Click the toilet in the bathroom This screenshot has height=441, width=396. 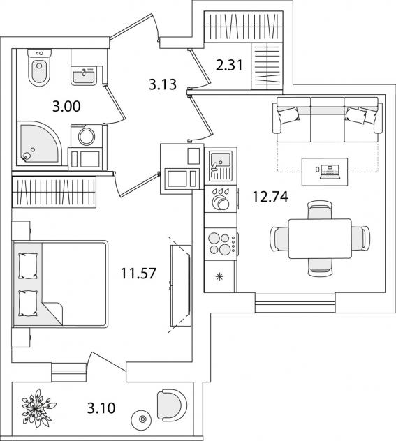tap(39, 68)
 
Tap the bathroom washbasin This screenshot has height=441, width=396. tap(84, 75)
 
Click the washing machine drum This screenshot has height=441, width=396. tap(87, 137)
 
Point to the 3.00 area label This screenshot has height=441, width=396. tap(66, 107)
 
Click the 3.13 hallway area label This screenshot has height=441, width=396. tap(163, 84)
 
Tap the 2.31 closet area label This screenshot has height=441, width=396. tap(229, 66)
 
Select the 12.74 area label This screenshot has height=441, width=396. tap(270, 196)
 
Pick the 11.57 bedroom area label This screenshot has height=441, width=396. tap(138, 273)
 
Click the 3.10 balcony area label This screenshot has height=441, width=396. tap(101, 408)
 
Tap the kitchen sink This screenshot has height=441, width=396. tap(221, 165)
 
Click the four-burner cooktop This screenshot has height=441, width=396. tap(221, 244)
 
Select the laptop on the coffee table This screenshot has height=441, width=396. tap(330, 172)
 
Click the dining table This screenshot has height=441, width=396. tap(321, 239)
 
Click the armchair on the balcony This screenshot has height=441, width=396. tap(171, 405)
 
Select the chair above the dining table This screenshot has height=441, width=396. tap(321, 210)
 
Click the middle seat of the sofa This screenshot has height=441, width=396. tap(328, 119)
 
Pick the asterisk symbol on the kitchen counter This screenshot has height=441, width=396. tap(219, 277)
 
